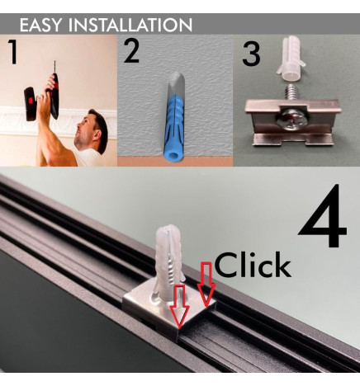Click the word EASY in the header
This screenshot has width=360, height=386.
tap(42, 25)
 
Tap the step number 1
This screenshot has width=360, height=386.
tap(12, 52)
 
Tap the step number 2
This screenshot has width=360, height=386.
tap(131, 51)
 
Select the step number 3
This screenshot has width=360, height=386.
tap(251, 54)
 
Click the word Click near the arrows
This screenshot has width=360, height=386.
tap(252, 266)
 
